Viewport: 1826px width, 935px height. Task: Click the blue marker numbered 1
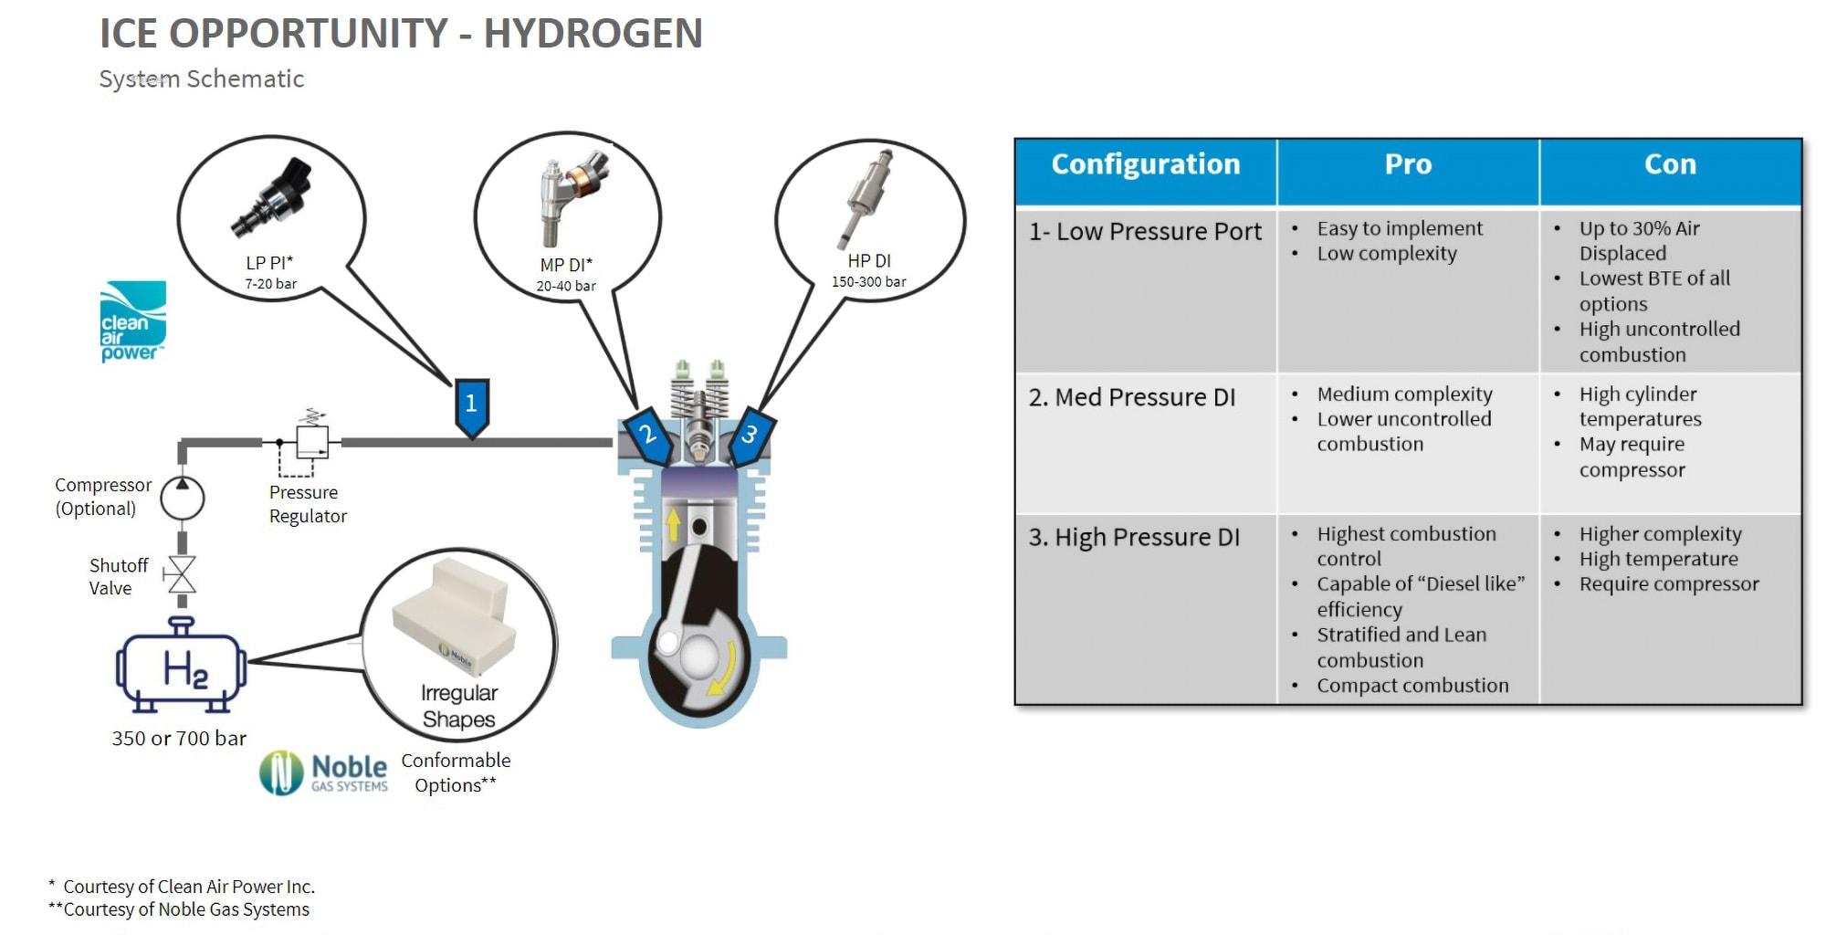pyautogui.click(x=471, y=404)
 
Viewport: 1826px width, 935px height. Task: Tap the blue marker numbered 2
pyautogui.click(x=647, y=435)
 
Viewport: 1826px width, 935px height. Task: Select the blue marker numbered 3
pyautogui.click(x=750, y=435)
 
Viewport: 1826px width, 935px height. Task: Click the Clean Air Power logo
pyautogui.click(x=132, y=321)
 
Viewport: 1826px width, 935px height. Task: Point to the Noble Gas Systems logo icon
pyautogui.click(x=281, y=772)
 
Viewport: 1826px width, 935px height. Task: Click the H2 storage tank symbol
pyautogui.click(x=181, y=667)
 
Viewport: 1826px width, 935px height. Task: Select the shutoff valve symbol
pyautogui.click(x=182, y=575)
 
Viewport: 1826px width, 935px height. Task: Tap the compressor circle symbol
pyautogui.click(x=183, y=498)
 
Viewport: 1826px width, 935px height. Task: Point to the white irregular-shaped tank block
pyautogui.click(x=453, y=615)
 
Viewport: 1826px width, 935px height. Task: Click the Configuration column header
pyautogui.click(x=1146, y=164)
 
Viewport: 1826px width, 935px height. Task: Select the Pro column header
pyautogui.click(x=1408, y=164)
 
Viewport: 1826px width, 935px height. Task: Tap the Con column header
pyautogui.click(x=1670, y=164)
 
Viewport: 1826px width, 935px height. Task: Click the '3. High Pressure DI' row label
pyautogui.click(x=1134, y=537)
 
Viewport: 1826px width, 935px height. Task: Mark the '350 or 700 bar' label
pyautogui.click(x=179, y=738)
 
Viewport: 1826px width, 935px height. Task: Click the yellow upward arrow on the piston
pyautogui.click(x=674, y=524)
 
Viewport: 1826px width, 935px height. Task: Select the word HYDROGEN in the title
pyautogui.click(x=593, y=33)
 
